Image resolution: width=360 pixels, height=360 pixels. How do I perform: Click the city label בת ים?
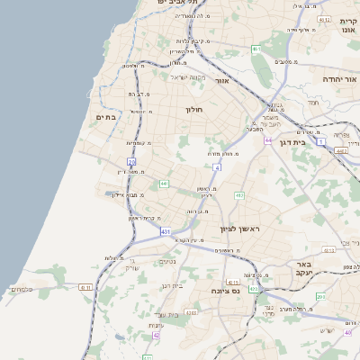[106, 117]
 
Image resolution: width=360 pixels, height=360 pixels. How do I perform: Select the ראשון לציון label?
[239, 229]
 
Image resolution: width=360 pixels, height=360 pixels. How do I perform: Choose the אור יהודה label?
[339, 79]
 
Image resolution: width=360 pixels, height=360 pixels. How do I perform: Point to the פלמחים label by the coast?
[21, 289]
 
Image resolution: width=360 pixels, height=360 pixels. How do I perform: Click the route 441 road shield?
[165, 184]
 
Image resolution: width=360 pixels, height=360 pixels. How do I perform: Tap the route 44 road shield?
[268, 140]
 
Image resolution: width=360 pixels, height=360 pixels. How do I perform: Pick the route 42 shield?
[157, 335]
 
